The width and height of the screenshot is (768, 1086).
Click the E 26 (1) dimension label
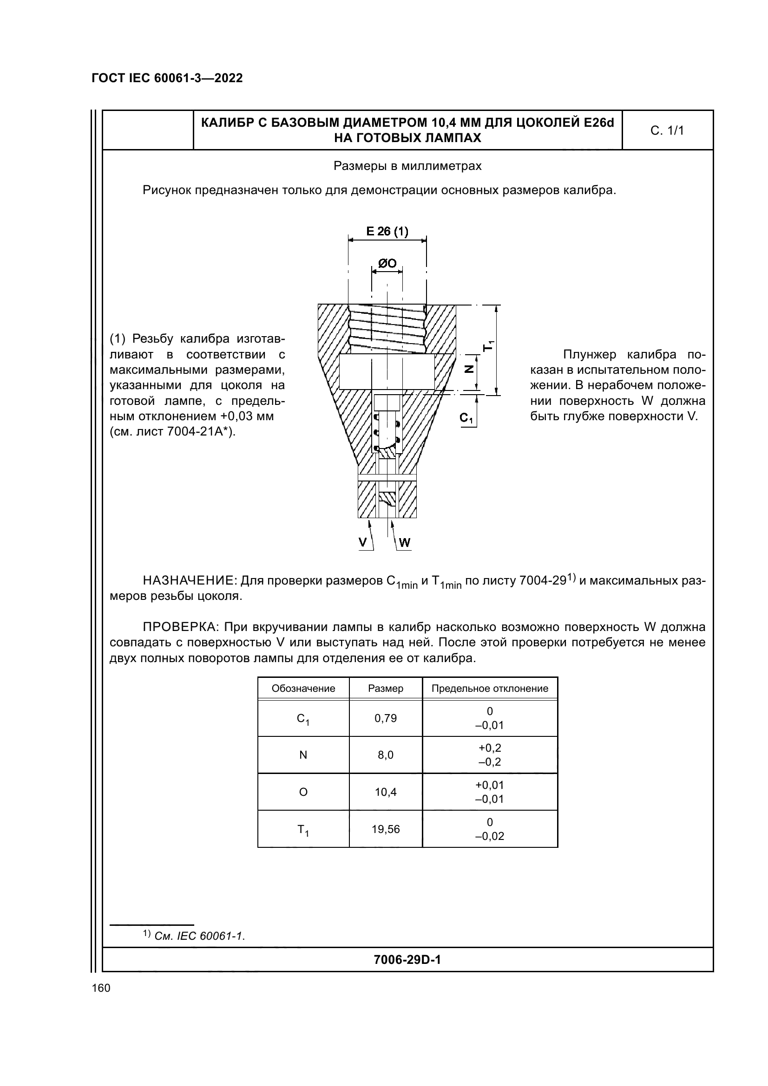(x=387, y=231)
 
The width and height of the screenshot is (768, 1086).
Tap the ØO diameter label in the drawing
(x=387, y=263)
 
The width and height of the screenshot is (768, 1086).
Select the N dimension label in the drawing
(x=469, y=369)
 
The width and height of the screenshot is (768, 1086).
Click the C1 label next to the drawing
(x=466, y=418)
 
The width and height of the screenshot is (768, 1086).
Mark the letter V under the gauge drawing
(x=362, y=542)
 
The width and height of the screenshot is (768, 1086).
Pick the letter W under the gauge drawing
(x=405, y=542)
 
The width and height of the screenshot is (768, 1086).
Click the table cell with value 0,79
(x=385, y=718)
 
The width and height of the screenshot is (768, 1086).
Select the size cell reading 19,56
(x=385, y=829)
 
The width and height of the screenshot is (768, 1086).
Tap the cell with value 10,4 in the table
(x=385, y=792)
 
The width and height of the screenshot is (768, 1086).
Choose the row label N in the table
(x=303, y=755)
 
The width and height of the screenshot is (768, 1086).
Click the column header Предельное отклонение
(x=489, y=688)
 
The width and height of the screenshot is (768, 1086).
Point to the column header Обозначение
(x=303, y=688)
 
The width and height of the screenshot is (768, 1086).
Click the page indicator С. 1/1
(x=667, y=130)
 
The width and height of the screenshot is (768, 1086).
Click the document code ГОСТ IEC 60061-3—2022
(x=167, y=78)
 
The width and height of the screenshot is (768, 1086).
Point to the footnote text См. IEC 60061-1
(x=199, y=936)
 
